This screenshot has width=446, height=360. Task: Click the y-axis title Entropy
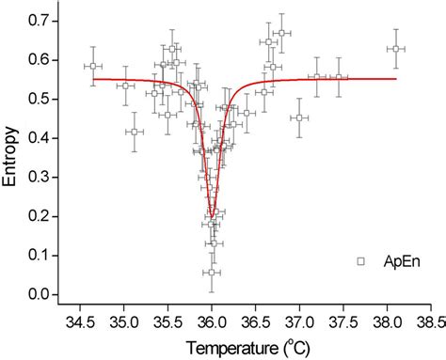13,156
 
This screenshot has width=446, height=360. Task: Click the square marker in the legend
360,260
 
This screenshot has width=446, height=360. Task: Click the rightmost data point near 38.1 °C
396,48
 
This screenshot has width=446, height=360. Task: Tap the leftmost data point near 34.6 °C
92,67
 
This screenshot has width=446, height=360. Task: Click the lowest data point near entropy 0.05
212,273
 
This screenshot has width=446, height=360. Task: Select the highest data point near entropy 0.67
281,33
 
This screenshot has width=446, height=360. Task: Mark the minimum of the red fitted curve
213,215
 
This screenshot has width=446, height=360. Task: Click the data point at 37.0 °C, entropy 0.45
299,117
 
